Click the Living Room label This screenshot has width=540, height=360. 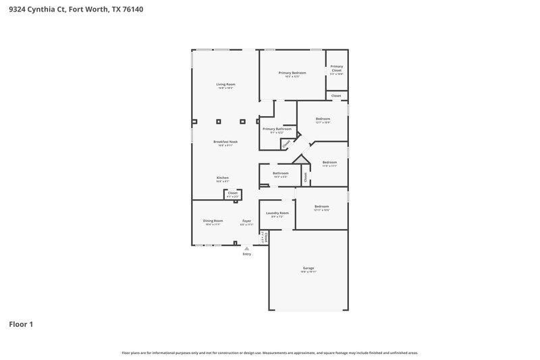coord(225,84)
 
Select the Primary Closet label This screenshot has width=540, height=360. coord(336,68)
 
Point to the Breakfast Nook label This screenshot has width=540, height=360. coord(225,142)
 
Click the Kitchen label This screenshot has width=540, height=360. coord(223,178)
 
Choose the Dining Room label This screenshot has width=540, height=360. coord(213,221)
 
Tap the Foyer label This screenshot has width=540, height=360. coord(246,221)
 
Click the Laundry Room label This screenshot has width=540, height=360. coord(277,213)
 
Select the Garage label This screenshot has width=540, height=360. coord(308,268)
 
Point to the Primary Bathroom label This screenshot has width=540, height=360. coord(277,128)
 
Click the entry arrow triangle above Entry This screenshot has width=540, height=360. coord(246,248)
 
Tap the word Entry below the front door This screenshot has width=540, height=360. coord(246,254)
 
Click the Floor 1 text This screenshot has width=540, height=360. coord(21,324)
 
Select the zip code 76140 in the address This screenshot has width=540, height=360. coord(132,10)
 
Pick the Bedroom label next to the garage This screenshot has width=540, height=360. coord(321,207)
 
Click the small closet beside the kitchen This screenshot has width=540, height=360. coord(232,194)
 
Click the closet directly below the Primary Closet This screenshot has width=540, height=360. coord(335,96)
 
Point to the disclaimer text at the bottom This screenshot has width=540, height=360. coord(270,353)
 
